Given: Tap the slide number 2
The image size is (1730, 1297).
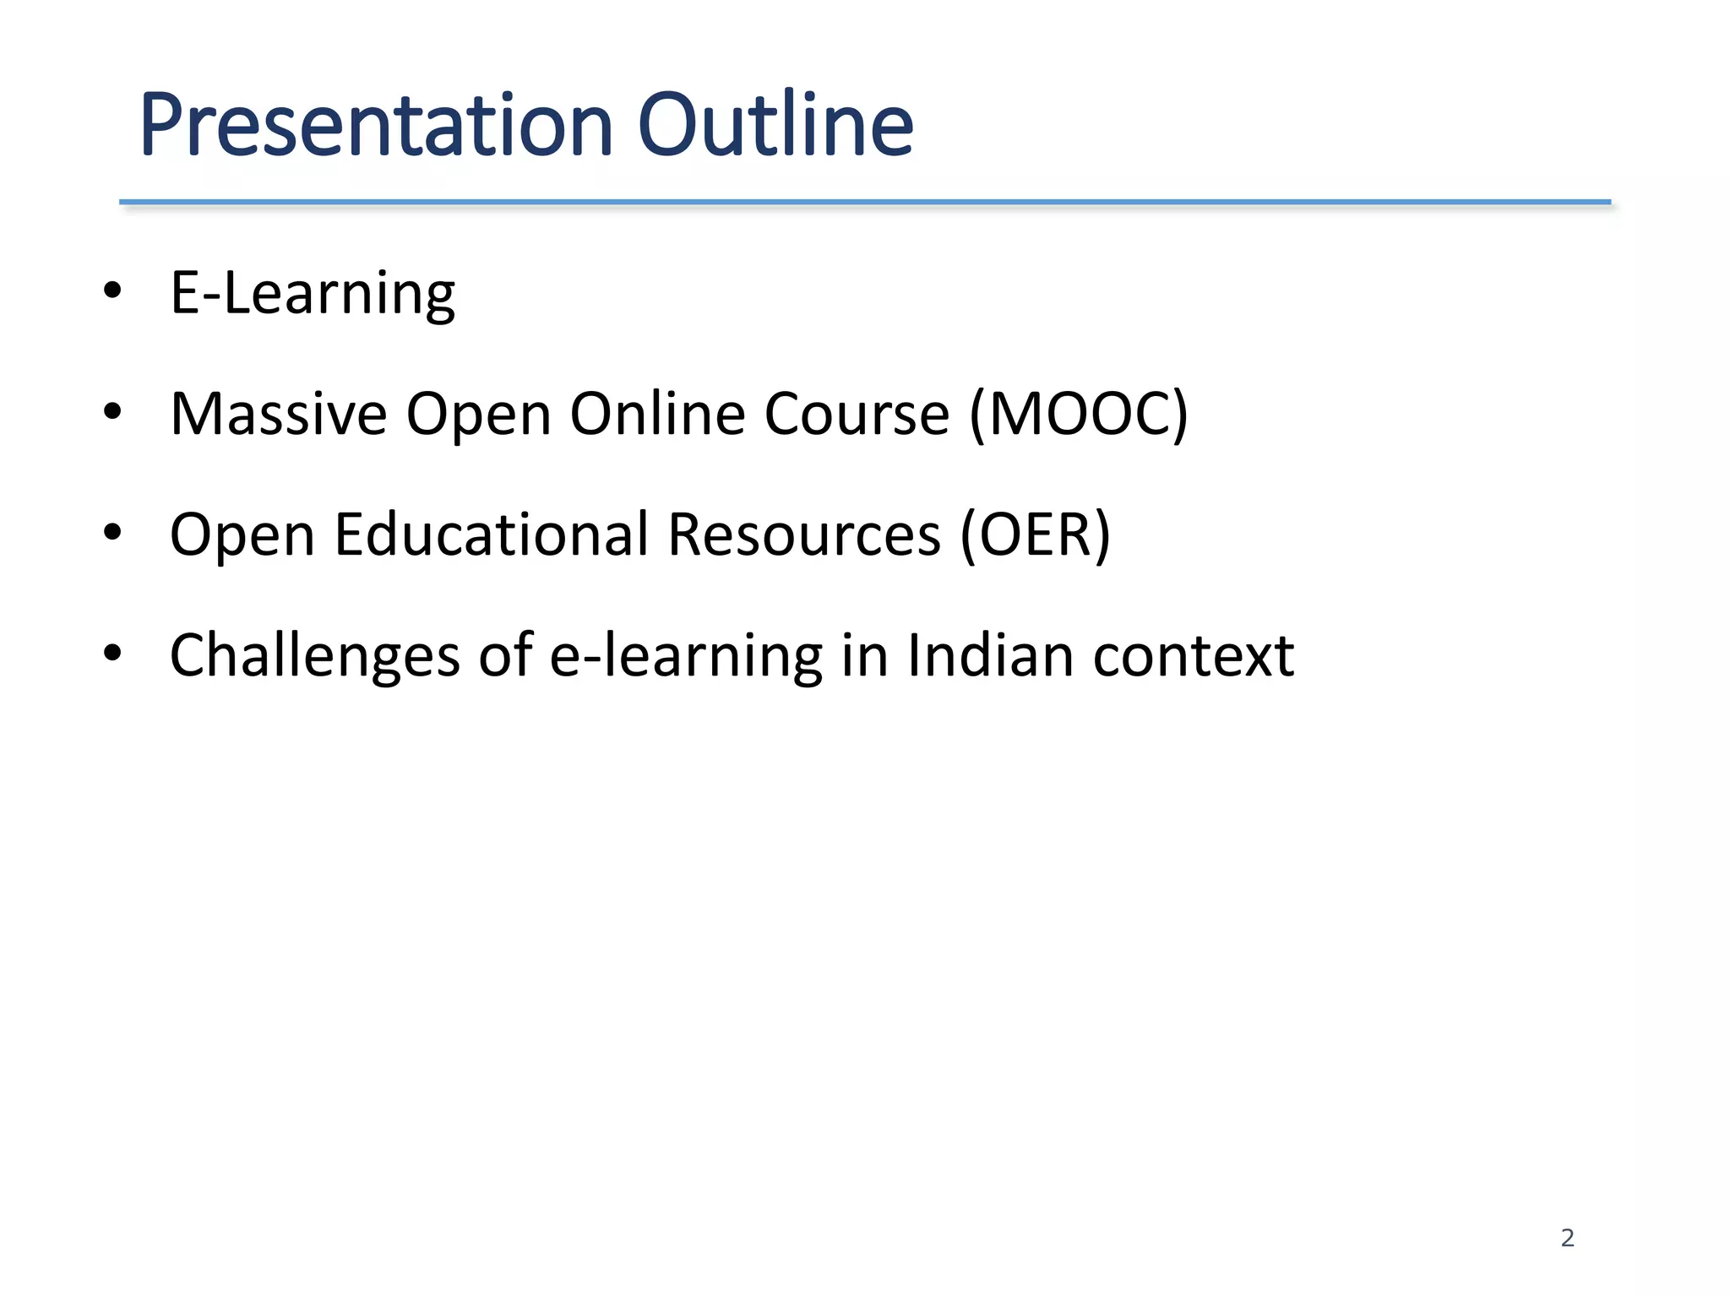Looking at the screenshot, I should tap(1567, 1238).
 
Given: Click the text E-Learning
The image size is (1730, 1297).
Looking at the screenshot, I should tap(313, 294).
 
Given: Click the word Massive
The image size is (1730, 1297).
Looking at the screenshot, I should tap(278, 414).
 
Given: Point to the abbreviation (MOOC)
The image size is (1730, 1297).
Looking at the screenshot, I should tap(1079, 414).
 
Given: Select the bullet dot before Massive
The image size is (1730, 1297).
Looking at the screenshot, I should tap(112, 412).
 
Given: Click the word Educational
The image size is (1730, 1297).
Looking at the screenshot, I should tap(492, 535).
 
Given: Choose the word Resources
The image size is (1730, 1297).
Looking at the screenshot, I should tap(804, 535).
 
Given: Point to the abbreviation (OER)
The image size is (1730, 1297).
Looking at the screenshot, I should tap(1035, 535).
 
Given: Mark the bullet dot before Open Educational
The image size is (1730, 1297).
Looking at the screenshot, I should tap(112, 533).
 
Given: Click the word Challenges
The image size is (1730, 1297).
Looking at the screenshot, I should tap(314, 656).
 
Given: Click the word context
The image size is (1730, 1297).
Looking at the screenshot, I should tap(1193, 656).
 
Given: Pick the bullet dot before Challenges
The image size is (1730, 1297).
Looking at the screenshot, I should tap(112, 654).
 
